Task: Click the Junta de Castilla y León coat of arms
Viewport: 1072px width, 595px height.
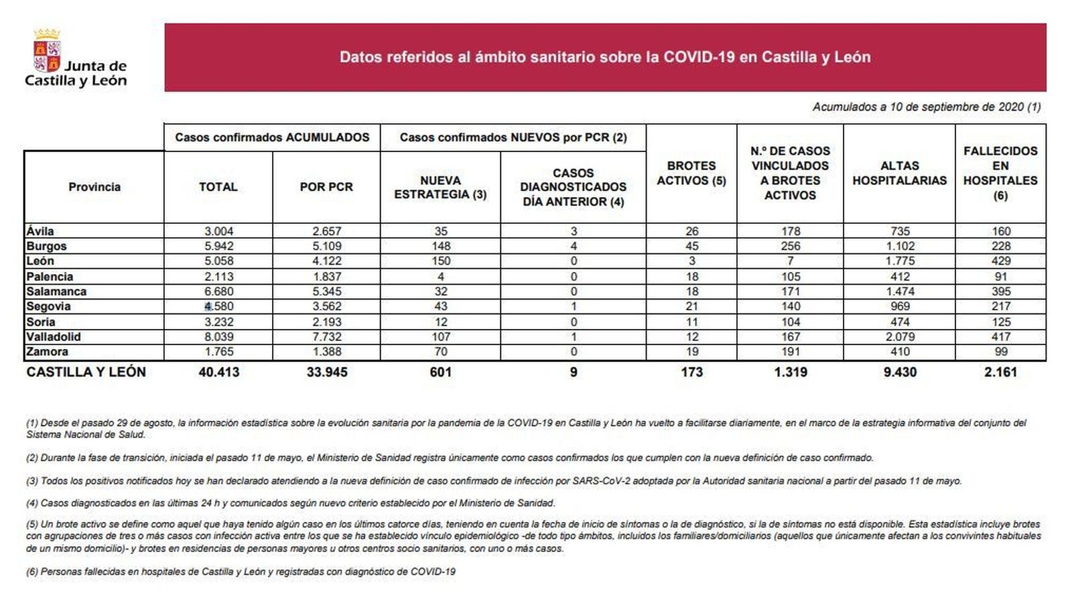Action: coord(47,51)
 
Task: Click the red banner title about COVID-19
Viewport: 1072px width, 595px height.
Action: coord(604,57)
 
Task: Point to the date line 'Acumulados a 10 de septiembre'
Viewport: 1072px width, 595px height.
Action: coord(926,107)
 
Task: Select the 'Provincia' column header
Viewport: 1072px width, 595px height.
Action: coord(94,187)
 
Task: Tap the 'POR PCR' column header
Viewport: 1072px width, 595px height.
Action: coord(326,187)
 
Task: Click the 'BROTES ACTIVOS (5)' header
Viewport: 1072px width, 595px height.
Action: coord(691,173)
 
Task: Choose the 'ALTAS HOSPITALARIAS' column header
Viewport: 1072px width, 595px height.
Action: coord(899,173)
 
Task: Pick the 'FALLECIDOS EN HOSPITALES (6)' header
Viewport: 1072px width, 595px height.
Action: coord(1000,173)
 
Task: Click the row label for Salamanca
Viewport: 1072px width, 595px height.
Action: coord(57,291)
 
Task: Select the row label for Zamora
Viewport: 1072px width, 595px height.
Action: coord(48,352)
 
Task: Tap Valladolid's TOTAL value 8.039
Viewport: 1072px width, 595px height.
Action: coord(218,336)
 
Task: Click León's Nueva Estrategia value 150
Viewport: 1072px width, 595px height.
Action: coord(440,261)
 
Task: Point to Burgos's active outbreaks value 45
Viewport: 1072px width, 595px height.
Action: coord(691,246)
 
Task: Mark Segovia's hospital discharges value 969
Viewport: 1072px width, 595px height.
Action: coord(900,306)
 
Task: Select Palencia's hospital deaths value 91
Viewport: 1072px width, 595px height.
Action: coord(1000,276)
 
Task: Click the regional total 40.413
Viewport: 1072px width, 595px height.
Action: coord(218,372)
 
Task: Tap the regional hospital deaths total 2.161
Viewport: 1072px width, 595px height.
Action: coord(1000,372)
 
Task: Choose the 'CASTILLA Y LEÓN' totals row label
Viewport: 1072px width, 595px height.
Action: coord(86,372)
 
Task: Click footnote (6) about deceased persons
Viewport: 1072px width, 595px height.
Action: coord(241,572)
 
